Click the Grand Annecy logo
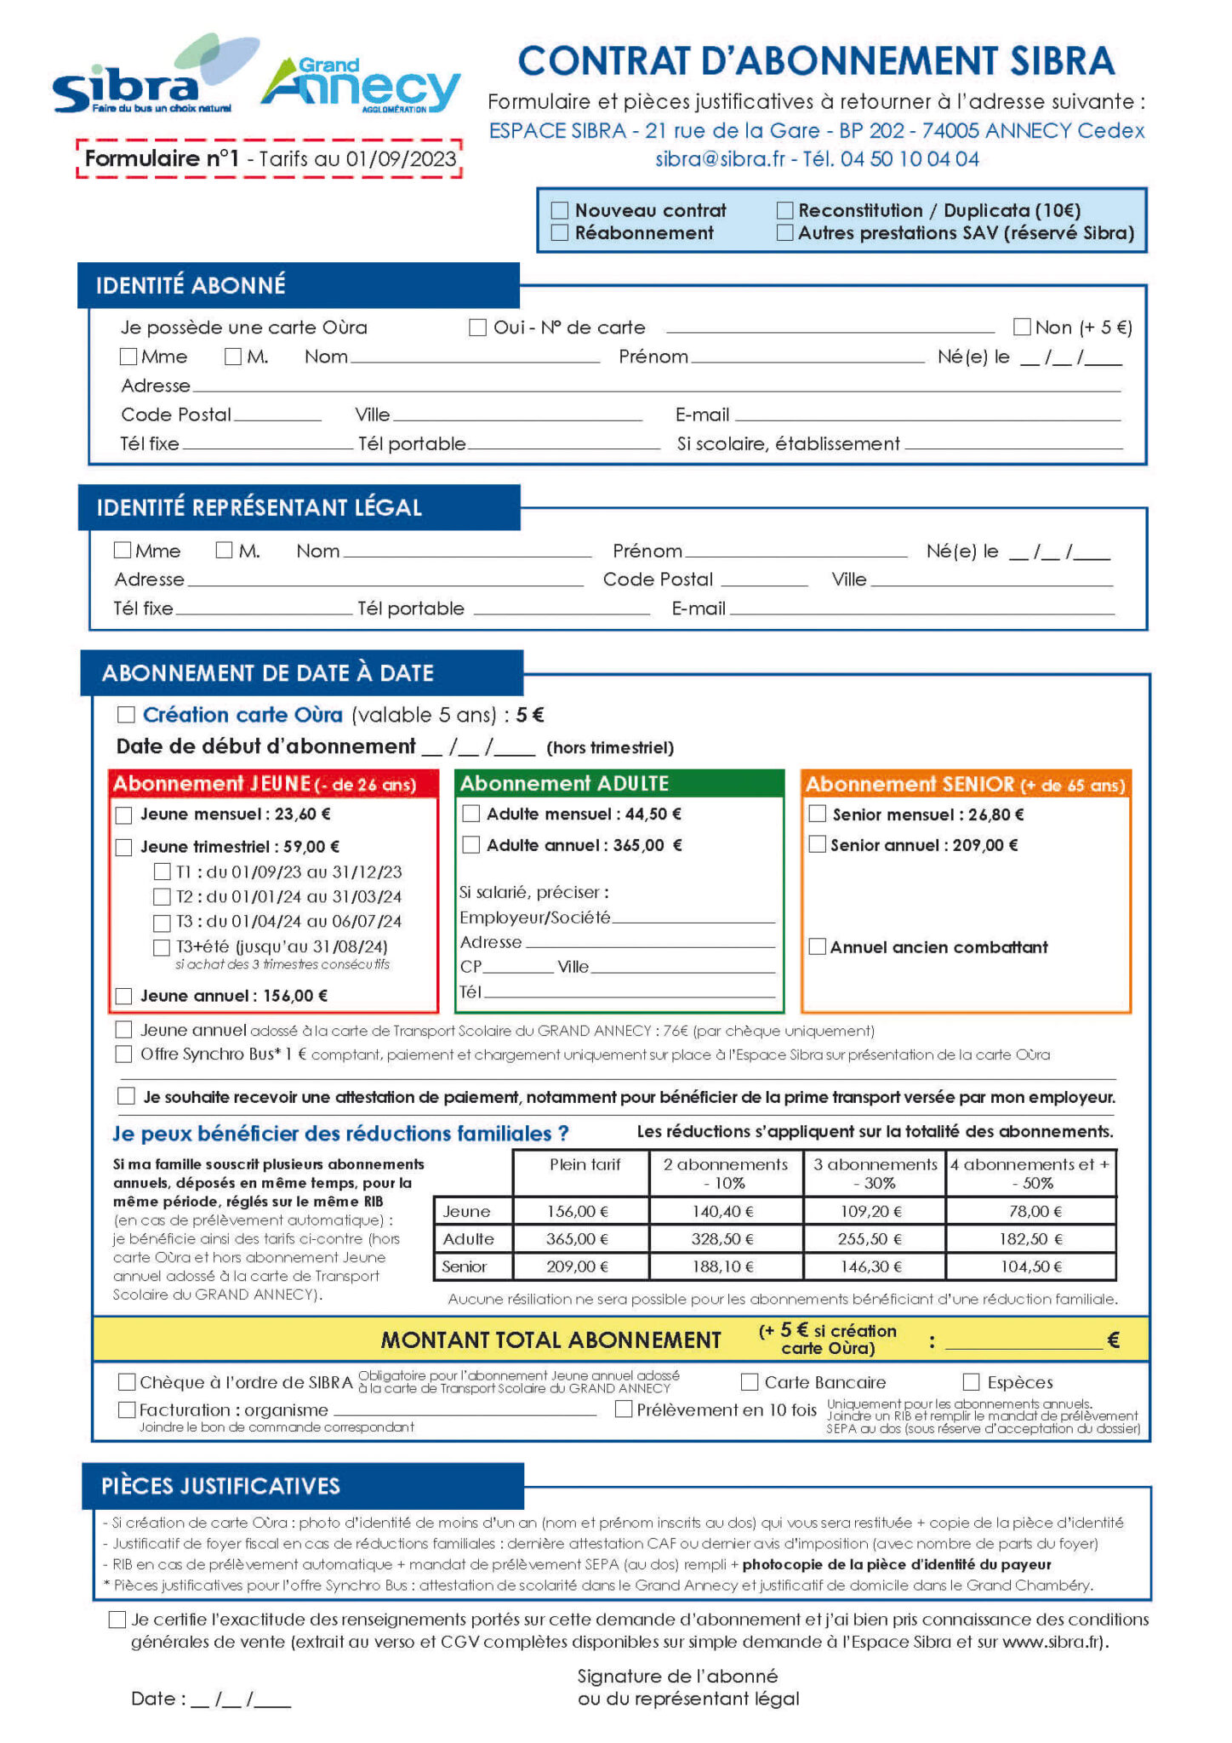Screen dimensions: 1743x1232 pyautogui.click(x=362, y=85)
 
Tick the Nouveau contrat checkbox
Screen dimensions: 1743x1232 pyautogui.click(x=559, y=210)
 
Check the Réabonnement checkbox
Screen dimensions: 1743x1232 pyautogui.click(x=559, y=232)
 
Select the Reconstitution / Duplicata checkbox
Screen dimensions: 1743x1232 pyautogui.click(x=784, y=210)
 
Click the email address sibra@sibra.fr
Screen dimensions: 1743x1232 pyautogui.click(x=720, y=159)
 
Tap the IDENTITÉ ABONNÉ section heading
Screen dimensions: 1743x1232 pyautogui.click(x=191, y=285)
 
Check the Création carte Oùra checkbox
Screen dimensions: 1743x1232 pyautogui.click(x=126, y=715)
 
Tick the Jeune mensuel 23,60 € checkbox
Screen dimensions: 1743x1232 pyautogui.click(x=124, y=815)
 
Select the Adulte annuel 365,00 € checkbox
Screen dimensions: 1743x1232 pyautogui.click(x=471, y=845)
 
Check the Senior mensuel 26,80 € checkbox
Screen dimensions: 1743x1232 pyautogui.click(x=817, y=814)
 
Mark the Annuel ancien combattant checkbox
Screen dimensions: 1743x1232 pyautogui.click(x=817, y=947)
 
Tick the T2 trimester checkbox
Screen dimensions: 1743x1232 pyautogui.click(x=162, y=897)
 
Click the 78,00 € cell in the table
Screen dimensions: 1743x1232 pyautogui.click(x=1030, y=1211)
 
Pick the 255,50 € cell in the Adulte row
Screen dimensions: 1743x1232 pyautogui.click(x=874, y=1239)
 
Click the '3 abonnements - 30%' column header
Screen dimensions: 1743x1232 pyautogui.click(x=874, y=1174)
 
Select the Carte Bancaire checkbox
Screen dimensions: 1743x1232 pyautogui.click(x=750, y=1382)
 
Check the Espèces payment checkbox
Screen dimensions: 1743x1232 pyautogui.click(x=972, y=1382)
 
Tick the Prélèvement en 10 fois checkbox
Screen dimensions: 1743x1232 pyautogui.click(x=624, y=1409)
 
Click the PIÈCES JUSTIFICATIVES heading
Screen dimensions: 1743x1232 pyautogui.click(x=220, y=1486)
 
